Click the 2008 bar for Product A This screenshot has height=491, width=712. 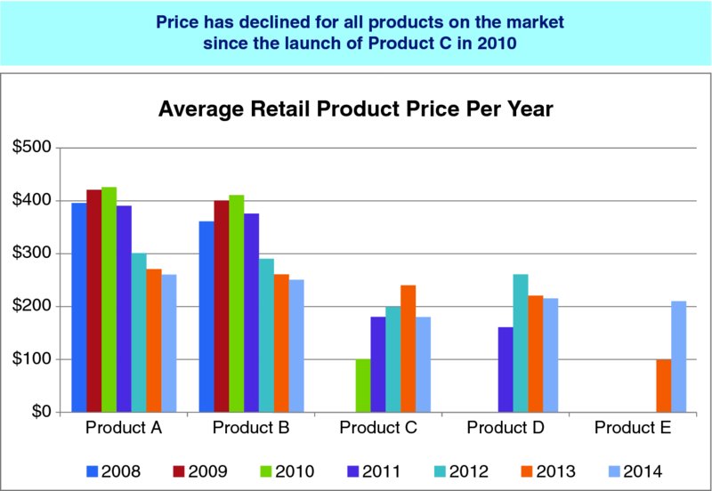pos(79,308)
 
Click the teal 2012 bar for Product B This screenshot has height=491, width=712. pos(266,335)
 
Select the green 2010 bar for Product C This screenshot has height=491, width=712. pos(363,385)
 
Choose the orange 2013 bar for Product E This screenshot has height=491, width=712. pos(663,385)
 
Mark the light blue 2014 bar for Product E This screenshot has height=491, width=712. pos(678,357)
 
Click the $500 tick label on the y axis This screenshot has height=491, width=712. pos(32,148)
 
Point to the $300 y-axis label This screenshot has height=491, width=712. pos(32,254)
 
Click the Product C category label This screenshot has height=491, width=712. pos(378,428)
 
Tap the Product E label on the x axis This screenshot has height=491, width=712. pos(633,428)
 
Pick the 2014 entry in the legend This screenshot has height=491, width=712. pos(634,471)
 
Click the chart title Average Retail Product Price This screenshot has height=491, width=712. pos(356,110)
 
